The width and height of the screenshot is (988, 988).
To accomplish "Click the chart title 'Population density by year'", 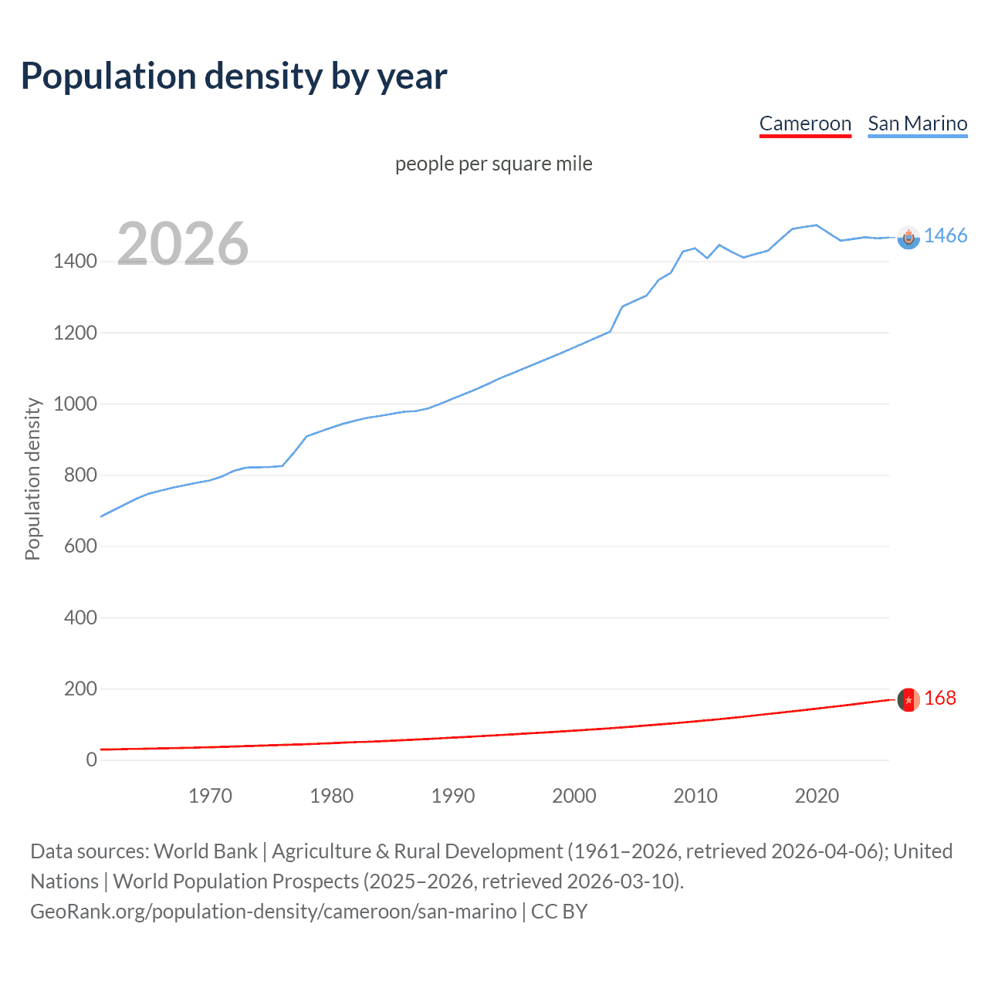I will pos(234,76).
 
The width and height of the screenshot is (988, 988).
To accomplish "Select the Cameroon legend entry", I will pos(805,123).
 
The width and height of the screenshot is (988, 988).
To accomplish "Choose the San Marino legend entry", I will pos(917,123).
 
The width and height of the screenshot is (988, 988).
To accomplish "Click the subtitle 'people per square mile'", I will pos(493,164).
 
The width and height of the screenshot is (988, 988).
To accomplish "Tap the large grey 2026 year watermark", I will pos(183,244).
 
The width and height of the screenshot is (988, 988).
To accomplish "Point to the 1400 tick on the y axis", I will pos(75,262).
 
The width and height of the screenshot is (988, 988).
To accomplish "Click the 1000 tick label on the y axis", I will pos(75,404).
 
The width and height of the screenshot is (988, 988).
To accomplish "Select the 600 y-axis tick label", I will pos(80,546).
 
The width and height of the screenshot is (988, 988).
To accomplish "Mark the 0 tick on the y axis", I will pos(92,760).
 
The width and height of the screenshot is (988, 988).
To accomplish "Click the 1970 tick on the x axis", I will pos(210,796).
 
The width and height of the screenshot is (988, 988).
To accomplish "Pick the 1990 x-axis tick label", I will pos(453,796).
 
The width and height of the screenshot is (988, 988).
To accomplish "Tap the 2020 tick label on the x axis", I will pos(817,796).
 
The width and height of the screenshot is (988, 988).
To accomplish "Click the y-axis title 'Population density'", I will pos(32,479).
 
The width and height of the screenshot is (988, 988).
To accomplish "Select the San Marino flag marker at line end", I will pos(908,238).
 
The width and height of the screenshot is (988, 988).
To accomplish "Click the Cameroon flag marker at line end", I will pos(908,699).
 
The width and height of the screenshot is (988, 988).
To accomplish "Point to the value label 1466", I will pos(946,236).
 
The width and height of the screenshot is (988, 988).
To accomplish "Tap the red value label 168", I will pos(940,699).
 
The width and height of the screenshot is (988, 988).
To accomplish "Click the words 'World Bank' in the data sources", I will pos(205,851).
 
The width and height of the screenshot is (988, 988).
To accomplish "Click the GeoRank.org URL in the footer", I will pos(273,912).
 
